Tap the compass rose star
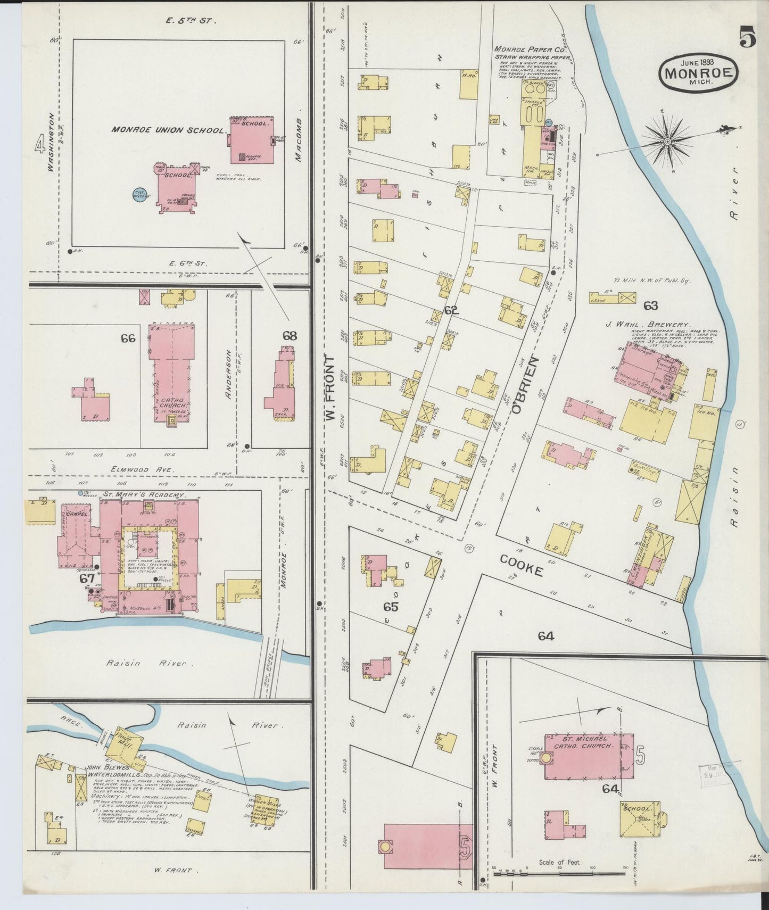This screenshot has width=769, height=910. click(667, 141)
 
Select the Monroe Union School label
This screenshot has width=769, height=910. click(168, 130)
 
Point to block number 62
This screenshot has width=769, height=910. click(451, 310)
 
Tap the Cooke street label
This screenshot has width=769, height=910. click(521, 566)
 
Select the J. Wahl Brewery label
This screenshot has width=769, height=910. click(647, 324)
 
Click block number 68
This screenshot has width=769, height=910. click(290, 336)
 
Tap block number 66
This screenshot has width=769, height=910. click(128, 338)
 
